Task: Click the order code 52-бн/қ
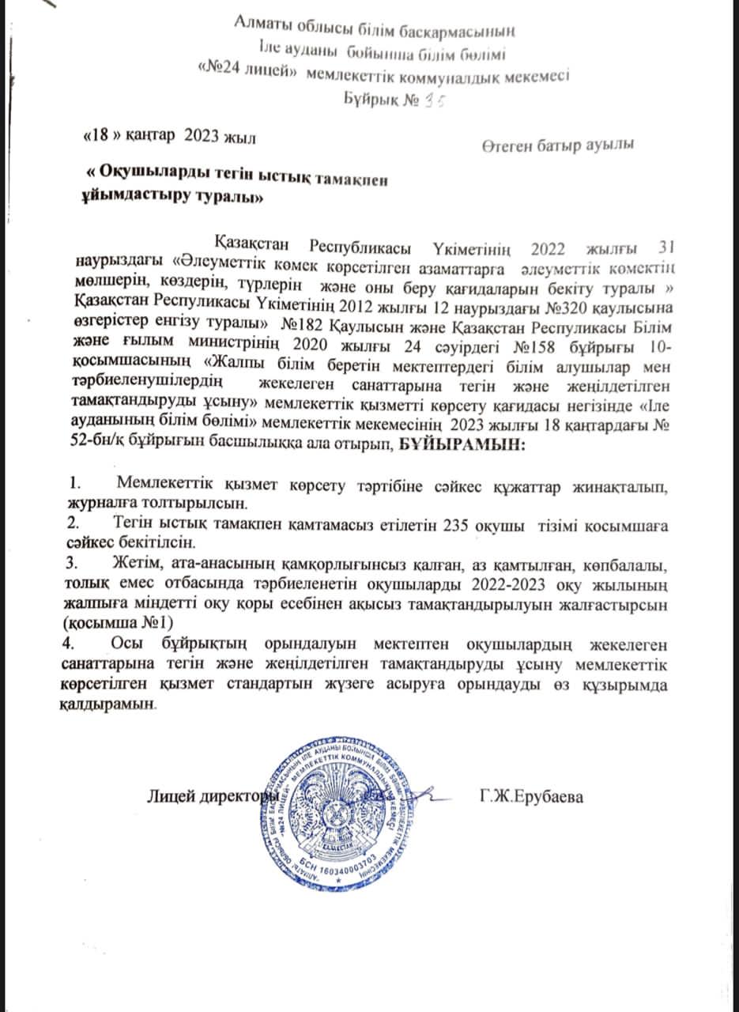click(96, 446)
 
